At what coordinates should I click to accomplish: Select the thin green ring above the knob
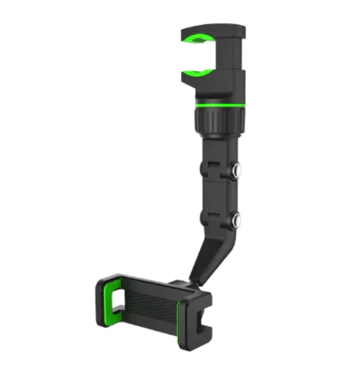(219, 105)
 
